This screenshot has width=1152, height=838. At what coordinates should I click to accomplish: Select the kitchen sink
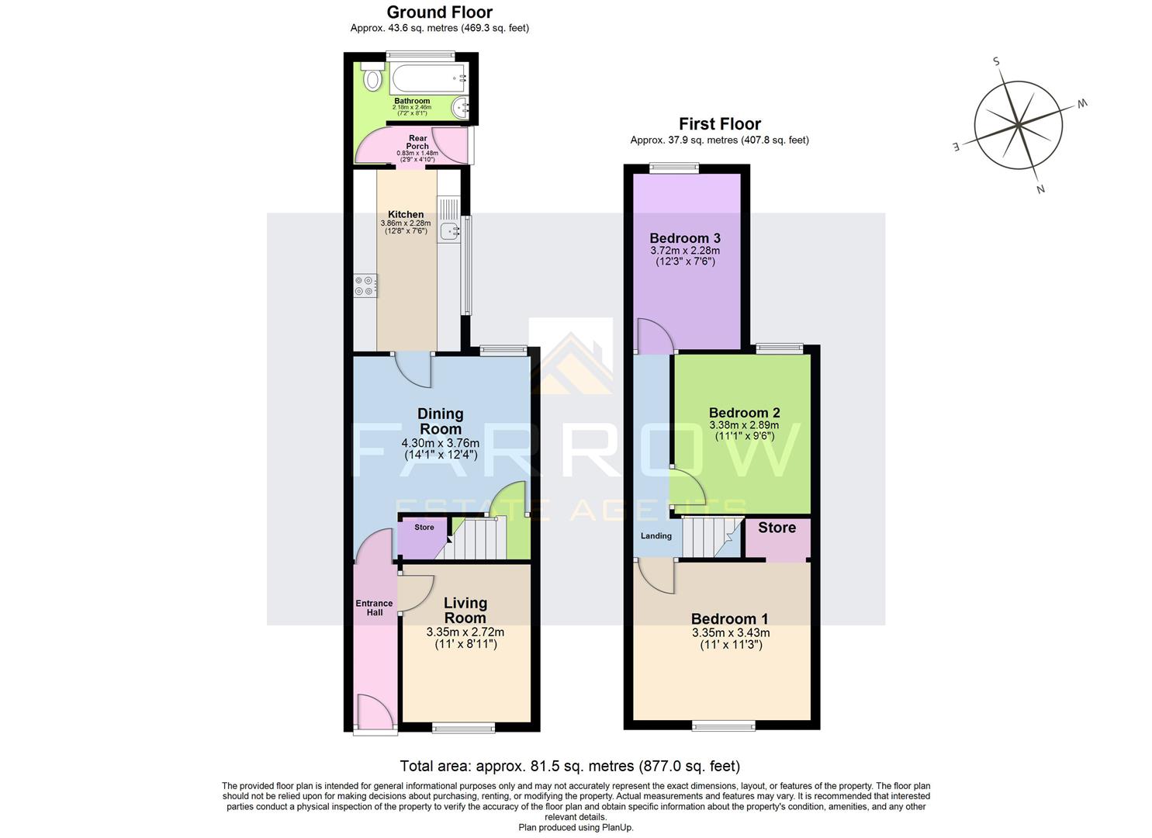click(x=449, y=230)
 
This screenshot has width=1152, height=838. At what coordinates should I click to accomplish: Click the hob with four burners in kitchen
click(x=365, y=286)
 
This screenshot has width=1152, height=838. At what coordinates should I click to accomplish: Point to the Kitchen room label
click(x=406, y=214)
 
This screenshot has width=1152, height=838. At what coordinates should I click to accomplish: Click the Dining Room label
click(x=441, y=421)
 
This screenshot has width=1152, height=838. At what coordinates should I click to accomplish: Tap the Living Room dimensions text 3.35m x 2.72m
click(x=465, y=632)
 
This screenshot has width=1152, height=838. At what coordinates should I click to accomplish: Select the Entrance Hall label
click(x=374, y=608)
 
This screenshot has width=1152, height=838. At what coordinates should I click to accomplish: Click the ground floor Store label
click(x=424, y=528)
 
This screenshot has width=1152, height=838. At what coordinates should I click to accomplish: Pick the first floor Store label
click(x=777, y=528)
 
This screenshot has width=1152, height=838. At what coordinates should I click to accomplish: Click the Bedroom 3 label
click(x=685, y=238)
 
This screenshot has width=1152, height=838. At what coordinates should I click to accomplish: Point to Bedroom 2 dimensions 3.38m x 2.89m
click(x=744, y=425)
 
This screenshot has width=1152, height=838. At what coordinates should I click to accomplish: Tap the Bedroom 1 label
click(x=729, y=618)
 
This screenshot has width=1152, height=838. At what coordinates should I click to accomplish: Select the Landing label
click(x=656, y=536)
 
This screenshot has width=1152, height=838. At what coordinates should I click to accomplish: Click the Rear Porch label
click(x=417, y=142)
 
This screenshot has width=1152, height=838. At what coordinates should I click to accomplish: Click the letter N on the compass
click(x=1040, y=189)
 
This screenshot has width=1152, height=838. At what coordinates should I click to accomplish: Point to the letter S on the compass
click(x=996, y=62)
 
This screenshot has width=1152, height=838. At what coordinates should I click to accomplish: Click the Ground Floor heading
click(x=439, y=12)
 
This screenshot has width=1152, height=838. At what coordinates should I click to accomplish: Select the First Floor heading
click(x=719, y=123)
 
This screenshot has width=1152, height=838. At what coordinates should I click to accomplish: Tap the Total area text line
click(x=569, y=767)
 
